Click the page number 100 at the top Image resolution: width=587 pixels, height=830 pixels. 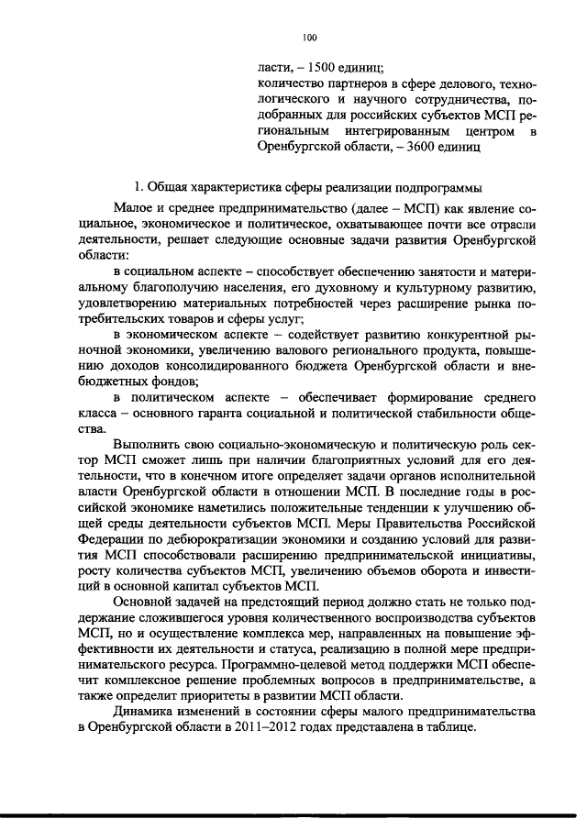tap(308, 37)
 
